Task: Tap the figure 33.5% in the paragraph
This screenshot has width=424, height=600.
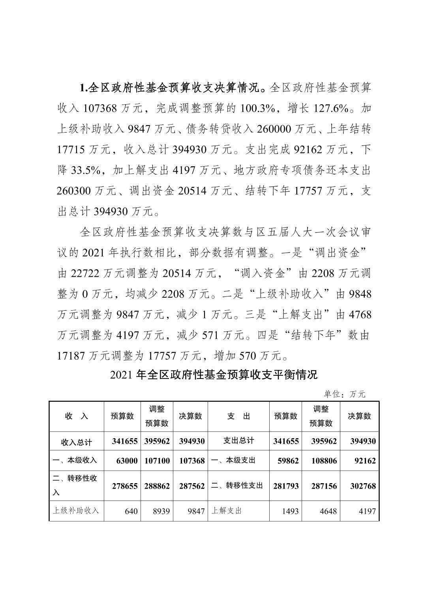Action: click(87, 171)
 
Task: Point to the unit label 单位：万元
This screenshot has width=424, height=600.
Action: click(345, 394)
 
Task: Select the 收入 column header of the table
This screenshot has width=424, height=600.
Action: click(77, 416)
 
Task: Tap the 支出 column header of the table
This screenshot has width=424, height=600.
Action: click(238, 416)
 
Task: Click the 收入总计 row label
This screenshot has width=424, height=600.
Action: click(77, 442)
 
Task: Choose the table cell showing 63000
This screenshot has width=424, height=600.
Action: click(125, 461)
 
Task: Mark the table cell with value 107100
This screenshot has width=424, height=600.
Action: click(157, 461)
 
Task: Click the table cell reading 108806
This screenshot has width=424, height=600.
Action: click(324, 461)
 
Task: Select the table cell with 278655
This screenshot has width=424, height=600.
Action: click(125, 486)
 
